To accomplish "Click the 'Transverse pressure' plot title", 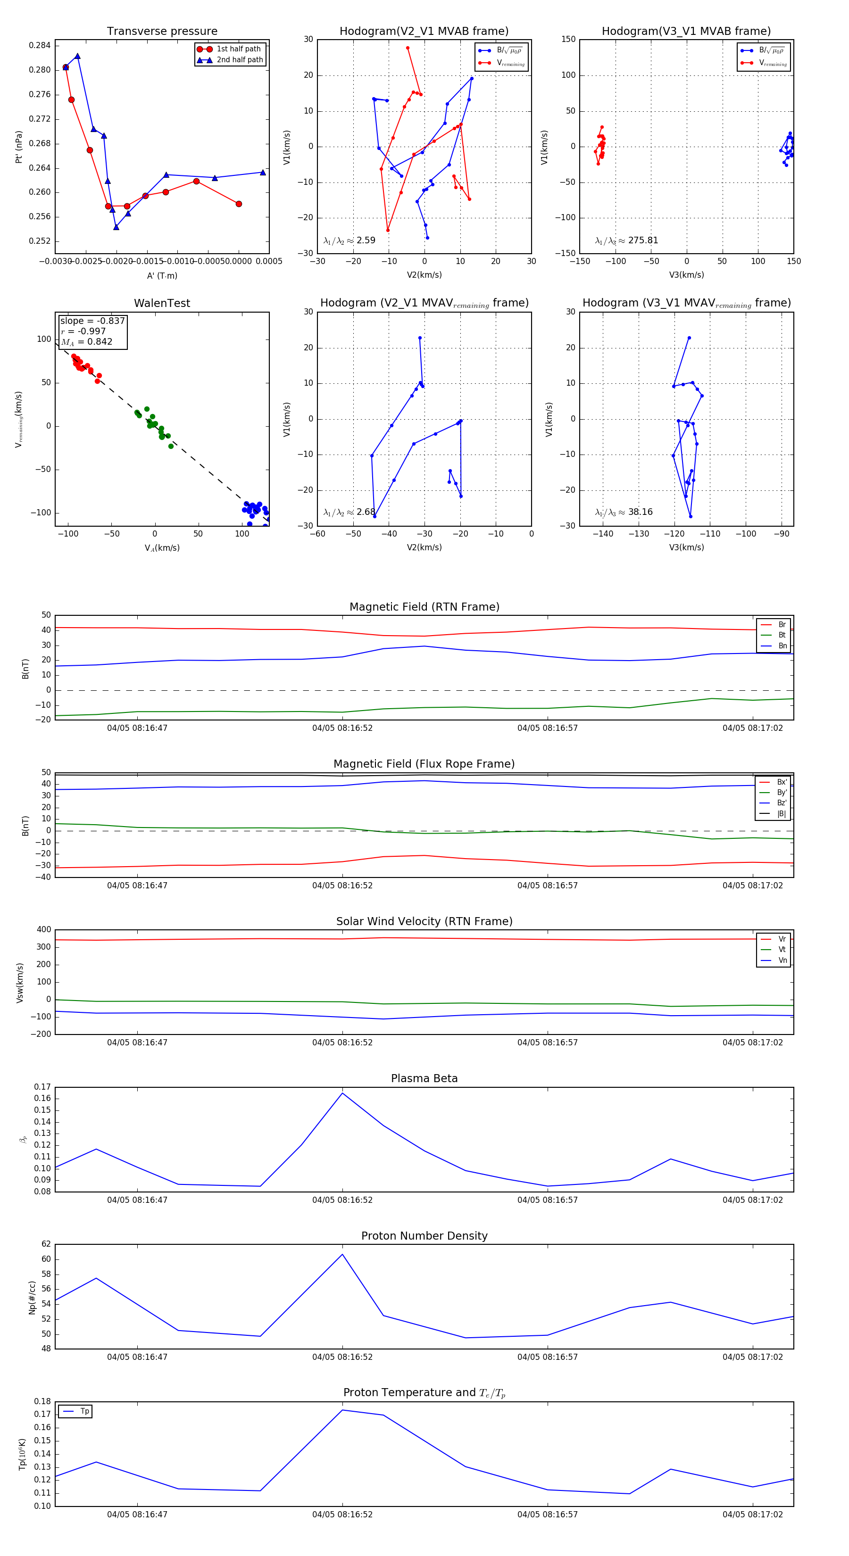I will [162, 32].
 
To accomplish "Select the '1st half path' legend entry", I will [238, 49].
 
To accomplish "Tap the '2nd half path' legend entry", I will [239, 60].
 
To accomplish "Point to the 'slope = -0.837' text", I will [92, 321].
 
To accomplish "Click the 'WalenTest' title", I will [162, 303].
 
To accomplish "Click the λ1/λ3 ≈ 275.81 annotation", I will [627, 240].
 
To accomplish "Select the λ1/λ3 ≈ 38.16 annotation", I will [624, 512].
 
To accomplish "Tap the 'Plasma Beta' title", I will [424, 1079].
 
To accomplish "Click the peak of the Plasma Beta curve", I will [342, 1093].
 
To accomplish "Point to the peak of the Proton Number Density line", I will [342, 1255].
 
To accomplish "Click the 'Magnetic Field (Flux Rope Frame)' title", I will [424, 764].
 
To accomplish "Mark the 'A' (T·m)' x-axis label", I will [162, 275].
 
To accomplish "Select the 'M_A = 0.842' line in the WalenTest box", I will [86, 342].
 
